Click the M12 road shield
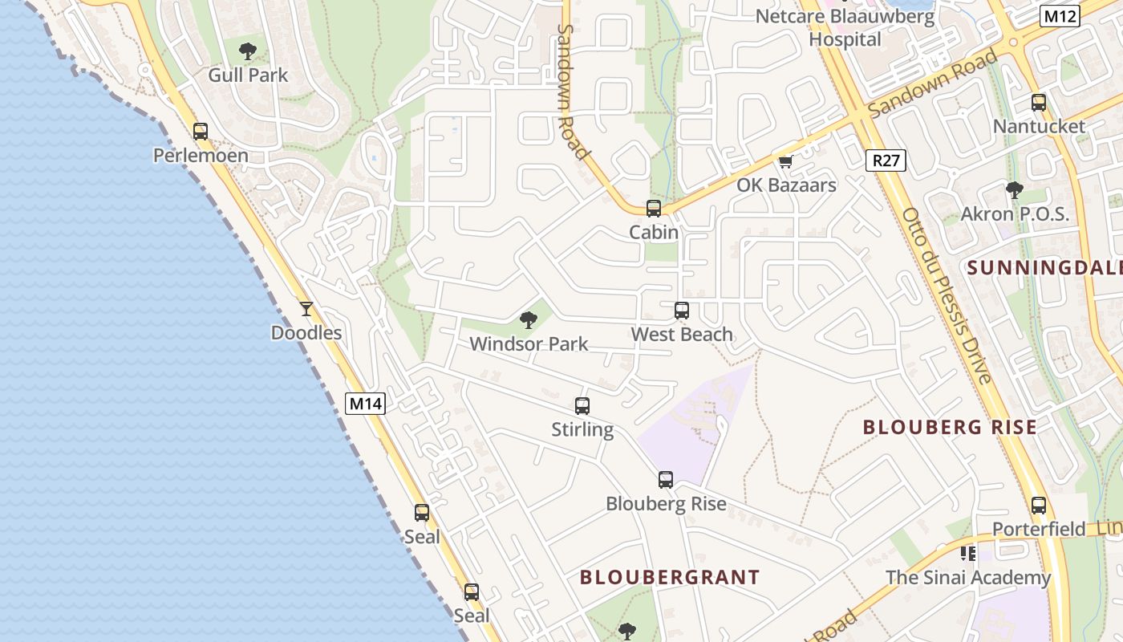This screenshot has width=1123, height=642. point(1060,15)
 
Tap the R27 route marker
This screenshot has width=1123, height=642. point(886,160)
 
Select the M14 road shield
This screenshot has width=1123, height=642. point(365,404)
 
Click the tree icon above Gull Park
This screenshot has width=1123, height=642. point(248,52)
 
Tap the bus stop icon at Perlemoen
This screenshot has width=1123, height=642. point(201,132)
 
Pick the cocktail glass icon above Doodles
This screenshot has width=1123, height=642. point(306,309)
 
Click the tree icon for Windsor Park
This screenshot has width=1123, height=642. point(528,320)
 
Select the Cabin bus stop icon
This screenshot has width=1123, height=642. point(654,209)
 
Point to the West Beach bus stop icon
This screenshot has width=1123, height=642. point(682,311)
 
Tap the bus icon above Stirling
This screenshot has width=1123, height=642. point(582,406)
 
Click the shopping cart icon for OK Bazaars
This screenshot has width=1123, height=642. point(785,161)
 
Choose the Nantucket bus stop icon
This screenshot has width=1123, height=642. point(1039,103)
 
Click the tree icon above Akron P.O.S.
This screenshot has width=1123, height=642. point(1015,190)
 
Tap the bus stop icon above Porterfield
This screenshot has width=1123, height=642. point(1039,506)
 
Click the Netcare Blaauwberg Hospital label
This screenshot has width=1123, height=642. point(845,27)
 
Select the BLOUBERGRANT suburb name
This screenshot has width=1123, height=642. point(670,577)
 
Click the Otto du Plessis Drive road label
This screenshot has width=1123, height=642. point(947,295)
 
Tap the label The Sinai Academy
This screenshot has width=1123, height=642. point(968,578)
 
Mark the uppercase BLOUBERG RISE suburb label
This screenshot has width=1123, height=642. point(950,427)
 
